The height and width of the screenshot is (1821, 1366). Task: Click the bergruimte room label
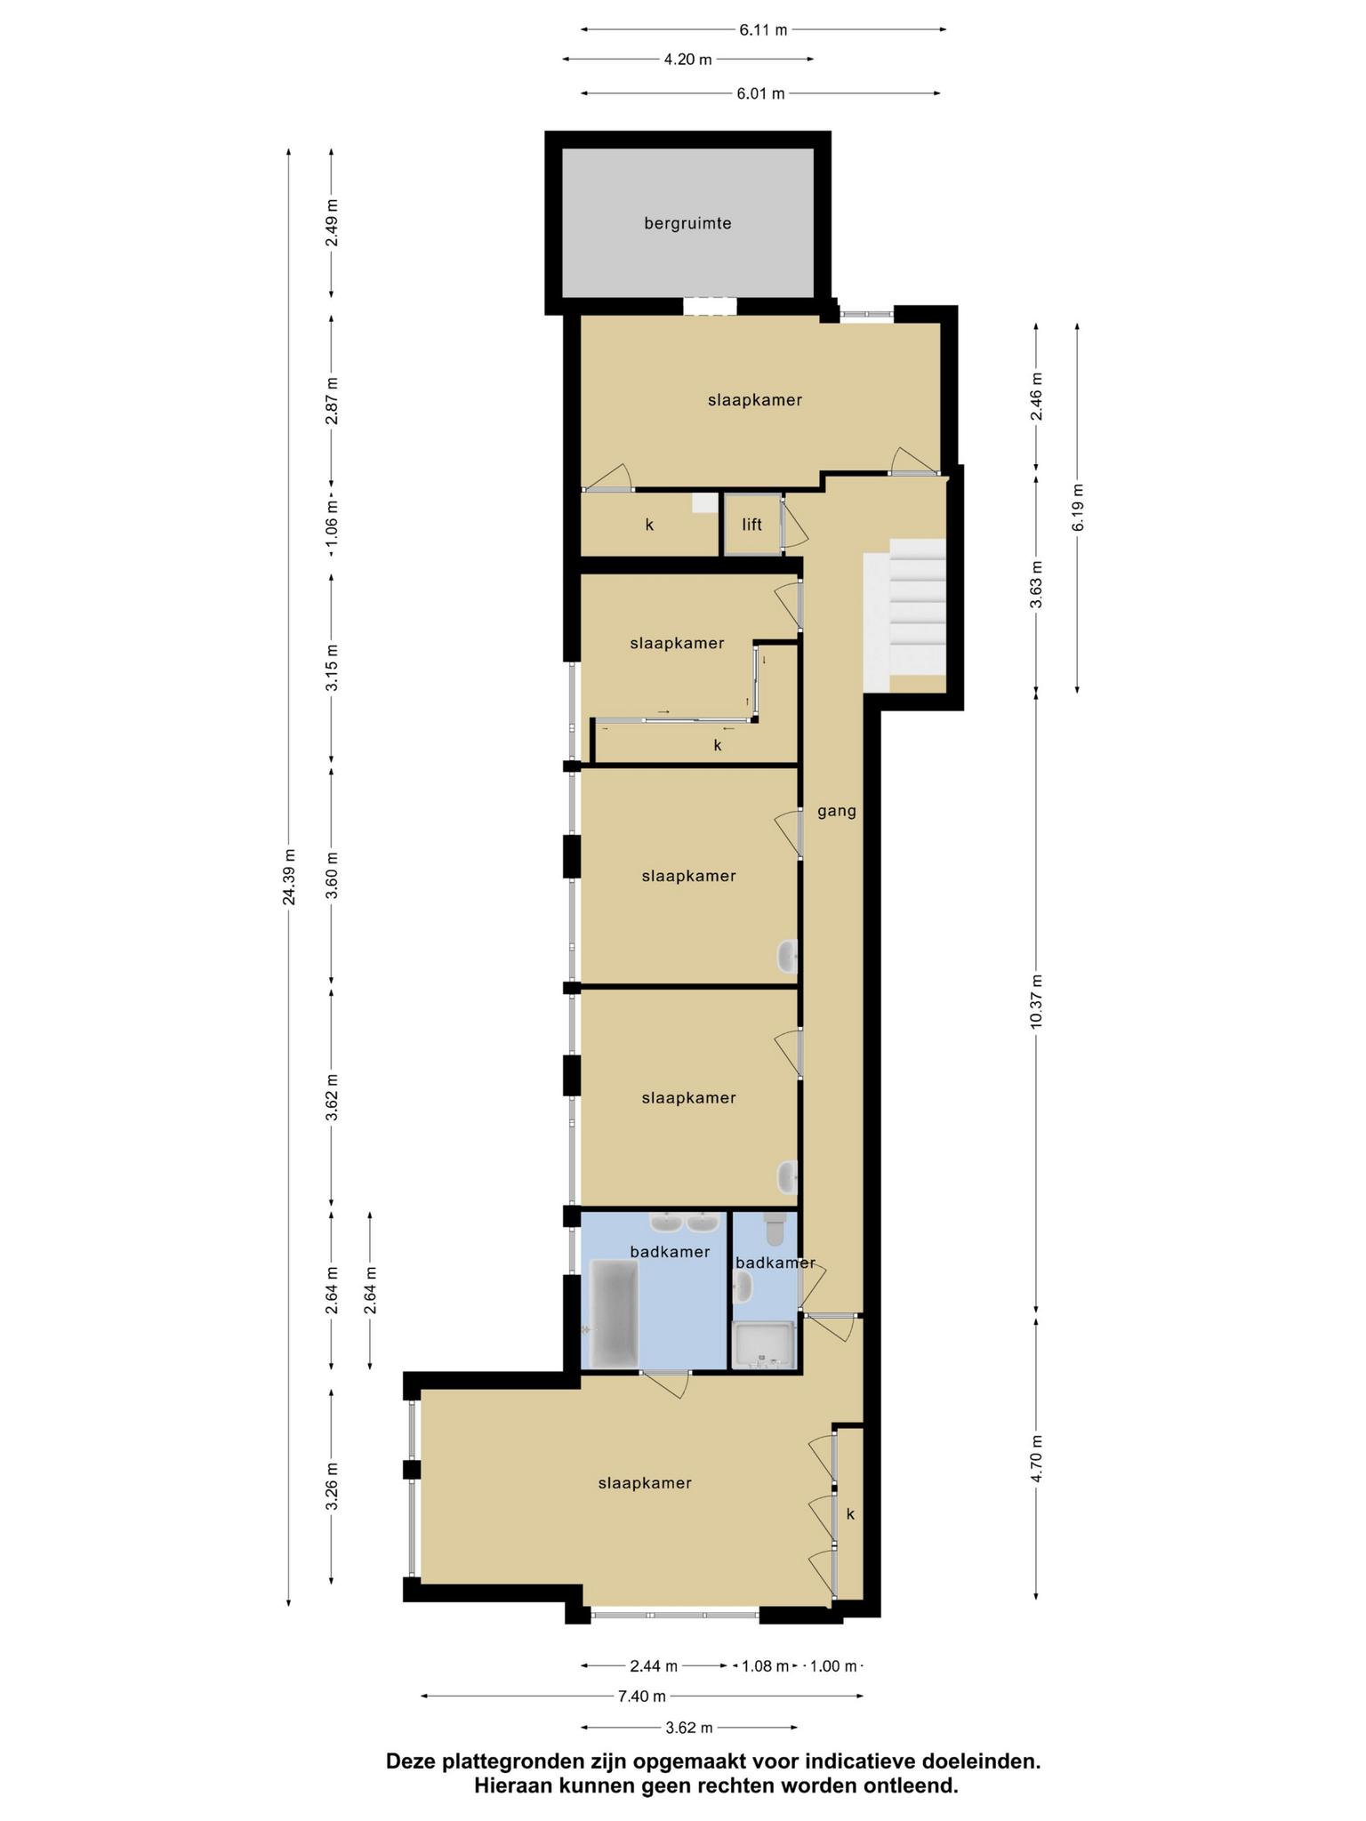click(x=687, y=224)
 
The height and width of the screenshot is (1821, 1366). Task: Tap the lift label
click(x=752, y=525)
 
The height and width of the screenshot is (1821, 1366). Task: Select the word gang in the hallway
click(x=837, y=812)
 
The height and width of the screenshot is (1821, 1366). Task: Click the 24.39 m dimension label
click(x=289, y=877)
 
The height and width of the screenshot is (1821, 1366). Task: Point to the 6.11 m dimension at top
click(x=763, y=29)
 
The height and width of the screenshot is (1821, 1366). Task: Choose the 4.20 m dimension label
click(x=688, y=60)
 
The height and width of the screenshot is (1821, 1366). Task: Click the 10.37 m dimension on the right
click(x=1036, y=1002)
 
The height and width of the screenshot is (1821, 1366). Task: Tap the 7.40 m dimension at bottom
click(x=642, y=1697)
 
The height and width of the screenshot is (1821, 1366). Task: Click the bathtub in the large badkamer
click(x=611, y=1313)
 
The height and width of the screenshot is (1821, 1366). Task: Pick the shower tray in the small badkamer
click(x=762, y=1344)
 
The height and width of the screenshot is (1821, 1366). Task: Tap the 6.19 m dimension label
click(x=1078, y=508)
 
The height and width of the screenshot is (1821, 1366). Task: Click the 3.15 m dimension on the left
click(x=332, y=668)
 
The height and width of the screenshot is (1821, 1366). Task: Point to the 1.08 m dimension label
click(x=766, y=1666)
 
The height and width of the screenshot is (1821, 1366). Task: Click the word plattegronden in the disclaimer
click(x=512, y=1761)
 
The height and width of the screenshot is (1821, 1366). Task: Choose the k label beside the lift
click(x=649, y=525)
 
